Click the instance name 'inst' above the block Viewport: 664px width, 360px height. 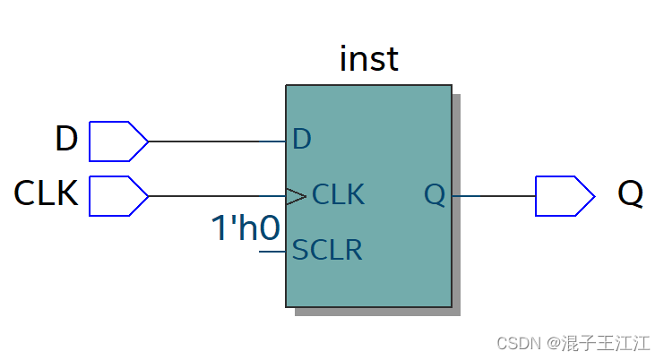pos(369,59)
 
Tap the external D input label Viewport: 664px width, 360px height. pos(67,138)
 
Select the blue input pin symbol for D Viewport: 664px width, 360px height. pos(118,141)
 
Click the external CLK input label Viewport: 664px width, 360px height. pos(47,193)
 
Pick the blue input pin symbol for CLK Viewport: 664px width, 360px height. pos(118,196)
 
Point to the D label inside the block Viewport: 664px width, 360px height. pos(302,139)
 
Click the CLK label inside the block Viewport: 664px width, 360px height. pos(338,194)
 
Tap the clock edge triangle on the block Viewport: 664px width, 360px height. pos(296,196)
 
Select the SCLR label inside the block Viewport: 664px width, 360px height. pos(327,250)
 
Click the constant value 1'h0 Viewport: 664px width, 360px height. pos(246,228)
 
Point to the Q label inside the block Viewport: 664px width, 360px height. pos(435,195)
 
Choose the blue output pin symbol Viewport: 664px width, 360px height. pos(565,196)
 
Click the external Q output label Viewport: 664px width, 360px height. pos(631,193)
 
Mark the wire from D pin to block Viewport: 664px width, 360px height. pos(217,141)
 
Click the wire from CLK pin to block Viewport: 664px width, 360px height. pos(217,196)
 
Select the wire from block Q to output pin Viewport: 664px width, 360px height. pos(494,196)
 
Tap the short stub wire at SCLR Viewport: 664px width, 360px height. pos(272,252)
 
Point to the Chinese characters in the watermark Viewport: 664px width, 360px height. pos(606,343)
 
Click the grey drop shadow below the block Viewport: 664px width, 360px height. pos(377,312)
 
